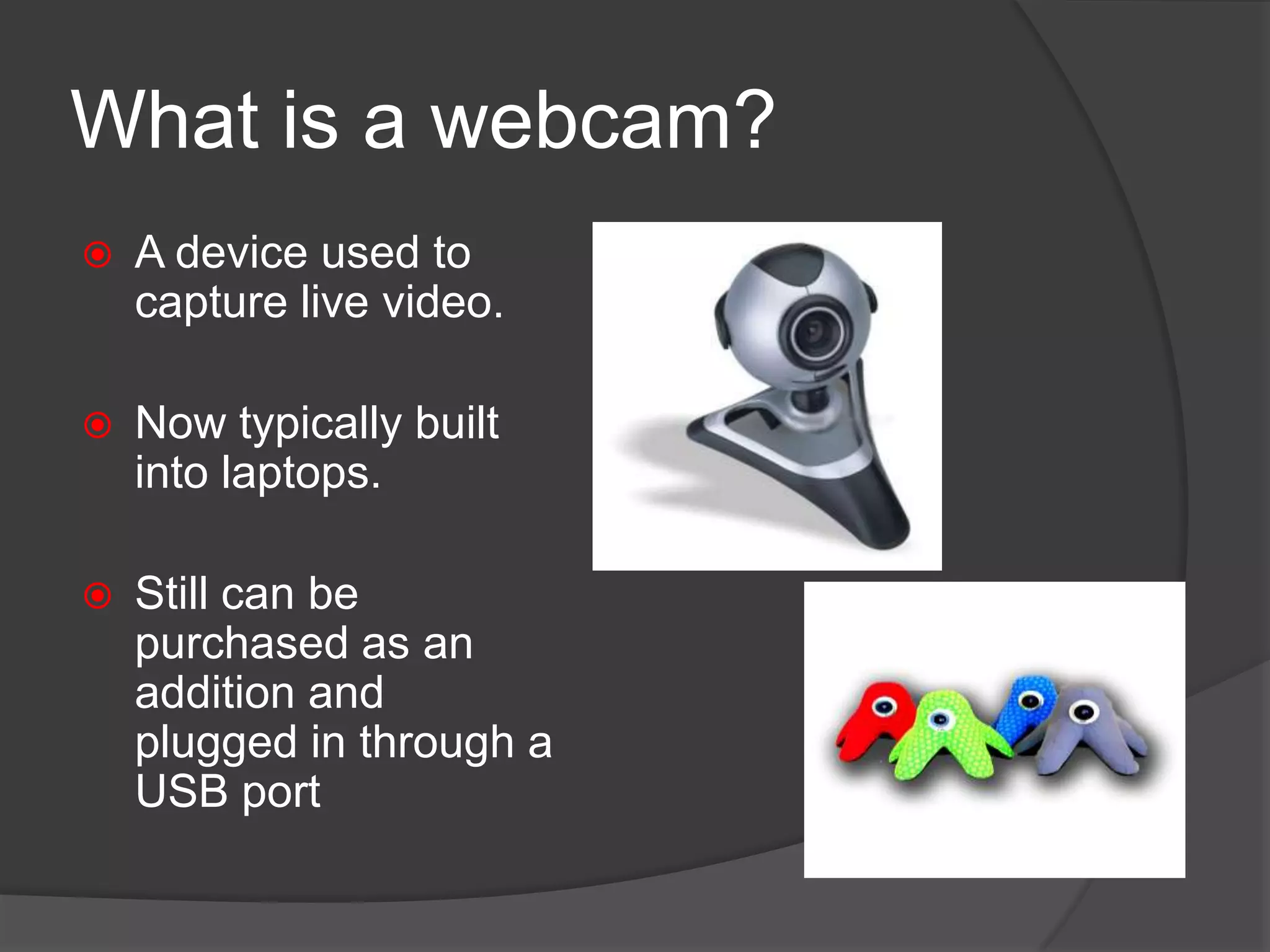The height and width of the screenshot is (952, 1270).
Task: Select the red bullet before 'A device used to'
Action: tap(97, 255)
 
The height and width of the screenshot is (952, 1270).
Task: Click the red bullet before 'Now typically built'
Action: tap(97, 425)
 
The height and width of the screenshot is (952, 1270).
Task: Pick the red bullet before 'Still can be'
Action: tap(97, 596)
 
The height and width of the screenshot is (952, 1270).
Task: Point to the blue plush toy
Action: tap(1026, 707)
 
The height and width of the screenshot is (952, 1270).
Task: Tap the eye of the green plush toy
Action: tap(941, 719)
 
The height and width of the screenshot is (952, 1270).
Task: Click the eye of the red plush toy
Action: tap(883, 706)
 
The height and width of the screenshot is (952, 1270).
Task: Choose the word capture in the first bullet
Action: tap(211, 304)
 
